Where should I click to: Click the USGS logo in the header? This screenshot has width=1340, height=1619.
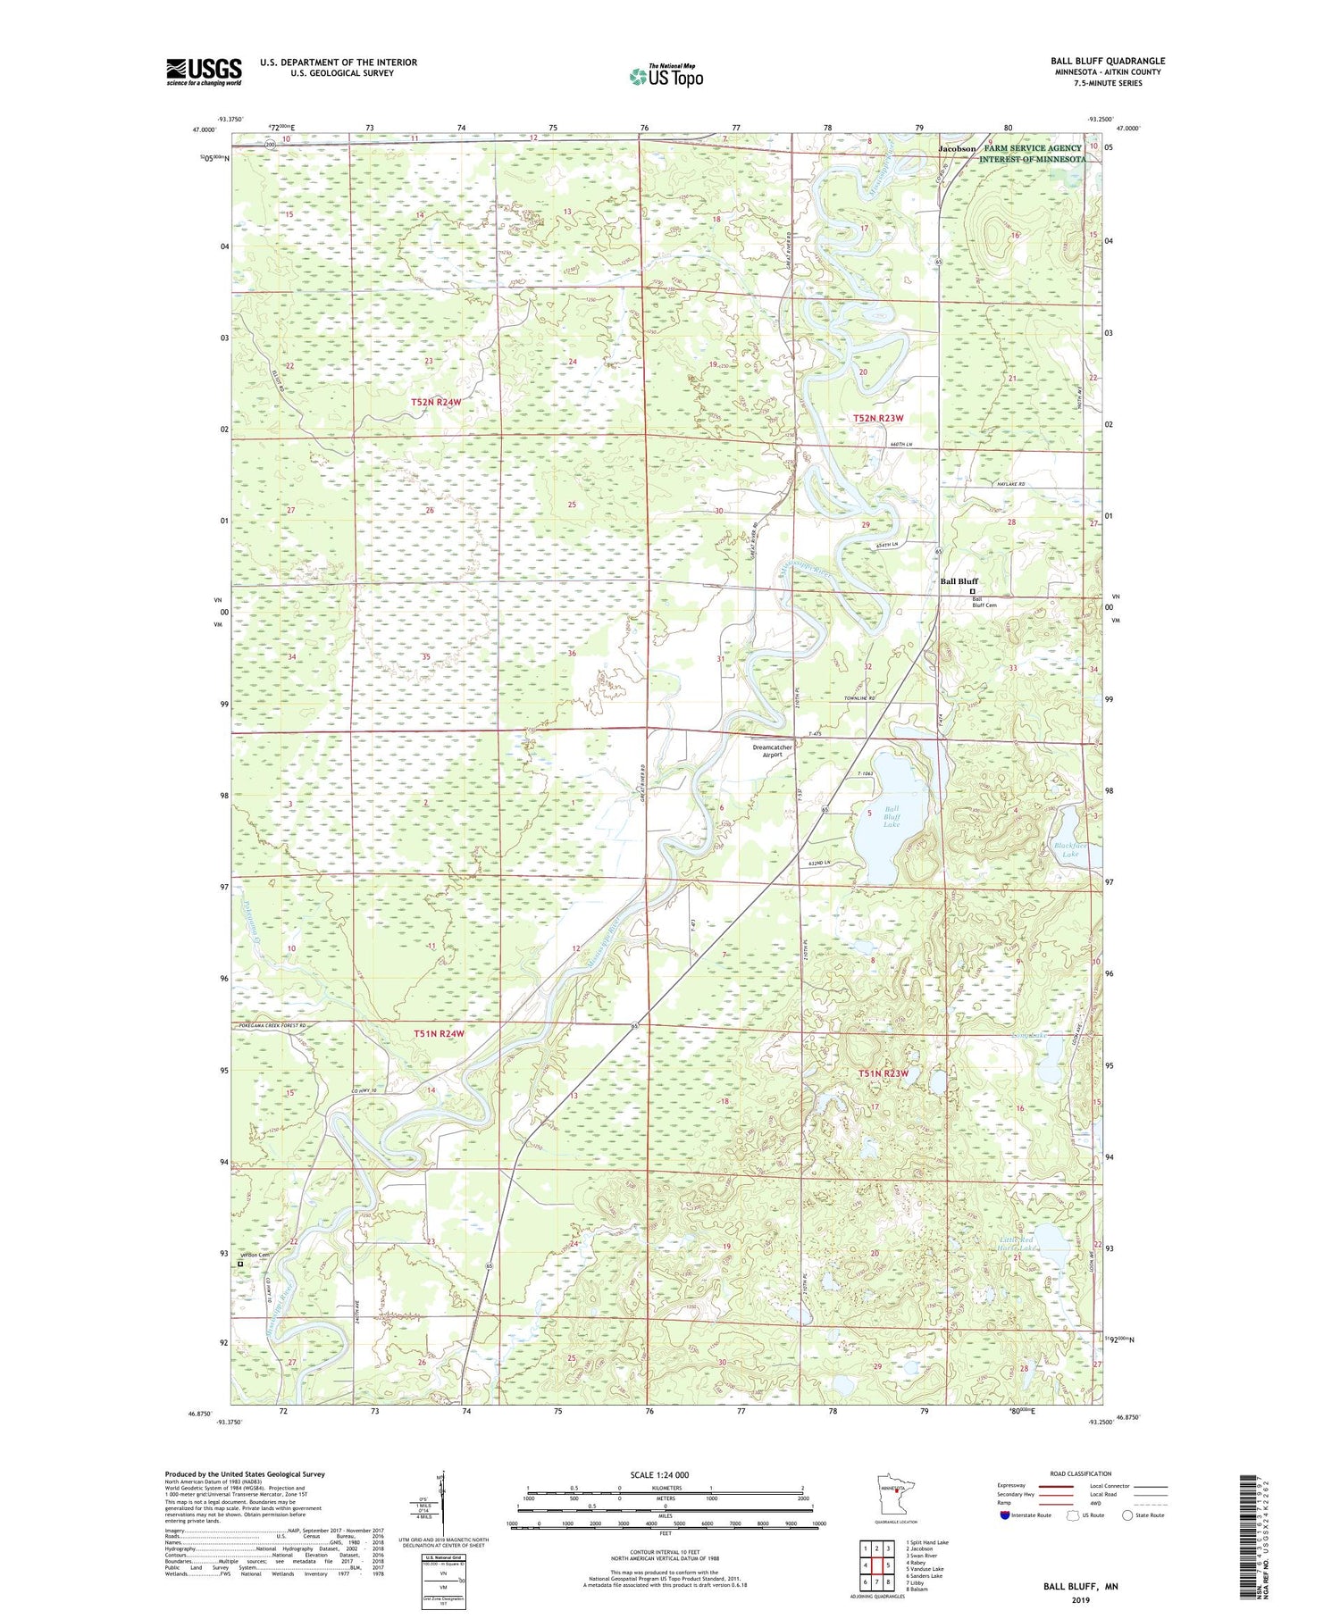tap(204, 71)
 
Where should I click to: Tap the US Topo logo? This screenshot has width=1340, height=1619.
tap(666, 77)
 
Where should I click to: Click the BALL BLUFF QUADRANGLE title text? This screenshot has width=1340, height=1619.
tap(1108, 61)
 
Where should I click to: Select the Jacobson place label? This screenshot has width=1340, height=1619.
tap(957, 148)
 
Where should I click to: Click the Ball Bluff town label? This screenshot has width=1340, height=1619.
tap(959, 581)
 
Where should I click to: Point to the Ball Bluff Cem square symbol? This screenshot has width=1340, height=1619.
tap(972, 590)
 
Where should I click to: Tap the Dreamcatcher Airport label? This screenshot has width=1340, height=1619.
tap(772, 750)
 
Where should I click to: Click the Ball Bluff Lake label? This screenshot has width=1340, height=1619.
tap(892, 816)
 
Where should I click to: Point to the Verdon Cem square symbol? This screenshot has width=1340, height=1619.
tap(239, 1264)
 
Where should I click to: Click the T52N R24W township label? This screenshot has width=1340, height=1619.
tap(436, 403)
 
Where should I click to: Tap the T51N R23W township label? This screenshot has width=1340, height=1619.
tap(883, 1073)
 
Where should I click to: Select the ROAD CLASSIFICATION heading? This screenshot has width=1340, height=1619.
tap(1081, 1473)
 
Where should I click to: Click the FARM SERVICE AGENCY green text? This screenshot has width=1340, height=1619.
tap(1033, 148)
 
